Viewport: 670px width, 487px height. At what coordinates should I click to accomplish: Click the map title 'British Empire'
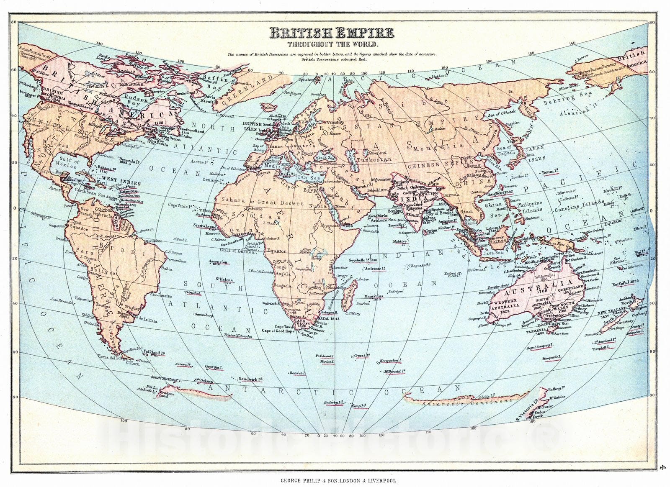(x=331, y=33)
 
